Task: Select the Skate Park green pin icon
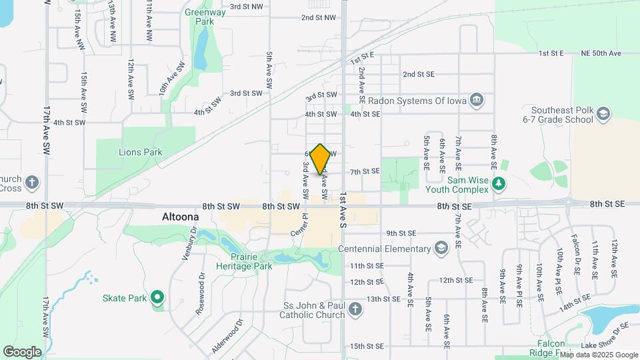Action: pos(157,297)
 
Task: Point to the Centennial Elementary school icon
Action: pos(440,249)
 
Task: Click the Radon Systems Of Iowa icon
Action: pos(477,101)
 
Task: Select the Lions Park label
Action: pos(141,152)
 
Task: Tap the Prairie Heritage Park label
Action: pos(244,261)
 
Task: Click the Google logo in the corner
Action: pos(22,351)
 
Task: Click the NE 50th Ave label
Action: pos(601,53)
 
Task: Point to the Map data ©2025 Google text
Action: pos(598,355)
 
